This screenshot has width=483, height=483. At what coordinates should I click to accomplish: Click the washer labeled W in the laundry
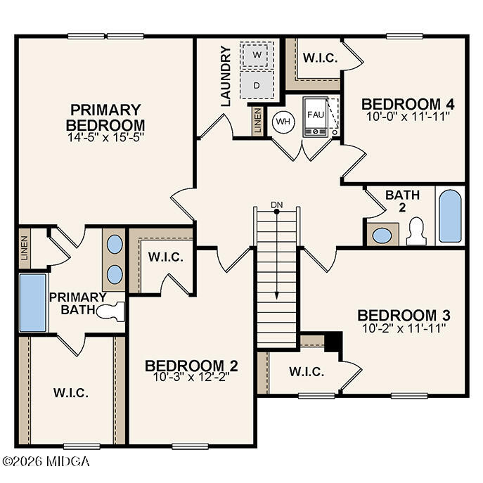pyautogui.click(x=257, y=55)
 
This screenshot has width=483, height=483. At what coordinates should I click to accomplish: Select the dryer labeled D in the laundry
pyautogui.click(x=257, y=85)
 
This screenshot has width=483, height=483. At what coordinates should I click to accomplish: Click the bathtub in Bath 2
pyautogui.click(x=450, y=214)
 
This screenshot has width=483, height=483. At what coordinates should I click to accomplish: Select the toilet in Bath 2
pyautogui.click(x=416, y=231)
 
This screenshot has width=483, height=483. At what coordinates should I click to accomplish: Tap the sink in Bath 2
pyautogui.click(x=382, y=235)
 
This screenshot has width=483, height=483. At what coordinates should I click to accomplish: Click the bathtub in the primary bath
pyautogui.click(x=32, y=302)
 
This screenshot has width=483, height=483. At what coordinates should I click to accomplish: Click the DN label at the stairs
pyautogui.click(x=277, y=205)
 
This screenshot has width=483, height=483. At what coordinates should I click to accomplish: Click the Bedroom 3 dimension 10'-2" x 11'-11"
pyautogui.click(x=404, y=327)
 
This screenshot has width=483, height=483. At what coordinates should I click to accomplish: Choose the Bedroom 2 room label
pyautogui.click(x=191, y=366)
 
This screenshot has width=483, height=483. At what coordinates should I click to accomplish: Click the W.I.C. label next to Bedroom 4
pyautogui.click(x=319, y=58)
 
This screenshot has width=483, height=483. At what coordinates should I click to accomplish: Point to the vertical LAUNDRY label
pyautogui.click(x=225, y=76)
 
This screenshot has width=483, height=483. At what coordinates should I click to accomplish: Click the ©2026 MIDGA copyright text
pyautogui.click(x=46, y=462)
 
